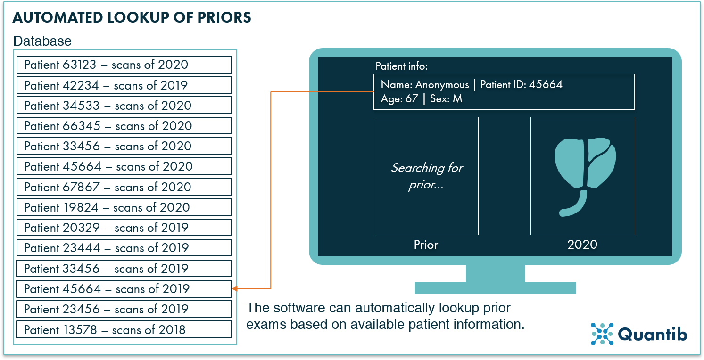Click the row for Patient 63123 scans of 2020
pos(124,65)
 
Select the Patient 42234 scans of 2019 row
pos(124,85)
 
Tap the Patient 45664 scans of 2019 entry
pos(124,289)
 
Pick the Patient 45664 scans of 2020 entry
pos(124,166)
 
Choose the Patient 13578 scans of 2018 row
pos(124,329)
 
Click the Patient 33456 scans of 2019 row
pos(124,269)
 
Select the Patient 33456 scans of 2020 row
pos(124,146)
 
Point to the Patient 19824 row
pos(124,207)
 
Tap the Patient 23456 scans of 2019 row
pos(124,309)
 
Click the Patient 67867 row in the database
pos(124,187)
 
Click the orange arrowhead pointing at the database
pos(235,288)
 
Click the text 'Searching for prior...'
pos(426,176)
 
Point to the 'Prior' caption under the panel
pos(426,245)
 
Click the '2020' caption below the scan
pos(582,245)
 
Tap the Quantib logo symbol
pos(602,334)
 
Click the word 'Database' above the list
pos(42,41)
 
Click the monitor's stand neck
pos(495,273)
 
